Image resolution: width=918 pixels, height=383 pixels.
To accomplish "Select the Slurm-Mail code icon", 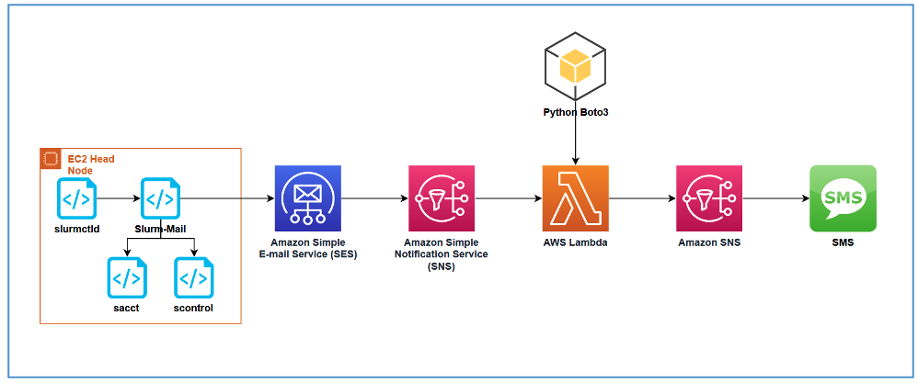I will pos(161,198).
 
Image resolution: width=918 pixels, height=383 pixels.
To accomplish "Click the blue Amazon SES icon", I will pos(308,198).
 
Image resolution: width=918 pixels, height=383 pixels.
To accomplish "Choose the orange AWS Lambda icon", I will pos(576,198).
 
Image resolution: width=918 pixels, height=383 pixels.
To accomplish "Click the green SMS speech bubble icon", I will pos(843,198).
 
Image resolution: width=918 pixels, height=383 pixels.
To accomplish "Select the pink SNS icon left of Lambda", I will pos(442,198).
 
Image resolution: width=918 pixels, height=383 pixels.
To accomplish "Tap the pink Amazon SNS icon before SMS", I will pos(708,198).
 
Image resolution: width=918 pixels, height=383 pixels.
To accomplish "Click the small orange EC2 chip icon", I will pos(52,159).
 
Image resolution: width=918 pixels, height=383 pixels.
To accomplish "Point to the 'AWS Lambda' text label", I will pos(576,242).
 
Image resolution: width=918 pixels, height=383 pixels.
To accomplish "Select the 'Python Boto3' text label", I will pos(576,112).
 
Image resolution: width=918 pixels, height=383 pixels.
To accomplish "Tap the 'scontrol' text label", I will pos(193,308).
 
